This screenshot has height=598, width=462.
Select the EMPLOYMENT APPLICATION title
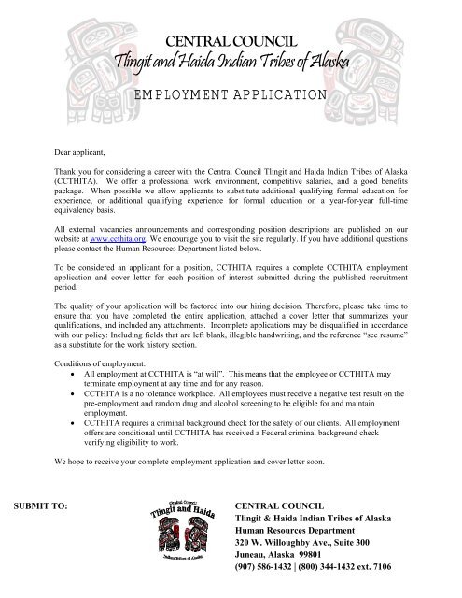[x=231, y=94]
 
